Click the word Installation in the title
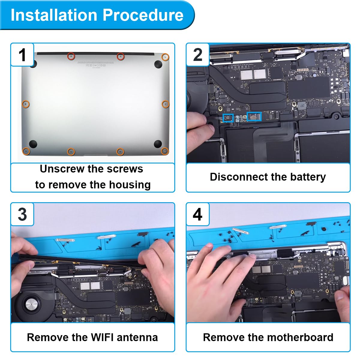pos(54,15)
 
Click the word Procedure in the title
pos(143,15)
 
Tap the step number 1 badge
pos(22,55)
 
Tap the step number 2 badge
pos(198,55)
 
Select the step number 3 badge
pos(22,214)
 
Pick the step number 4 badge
pos(198,214)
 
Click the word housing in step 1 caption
pos(130,185)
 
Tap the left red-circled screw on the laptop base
pos(71,56)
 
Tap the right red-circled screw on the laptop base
pos(121,56)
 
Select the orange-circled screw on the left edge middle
pos(26,104)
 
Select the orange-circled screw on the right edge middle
pos(165,104)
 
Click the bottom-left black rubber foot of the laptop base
pos(33,144)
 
